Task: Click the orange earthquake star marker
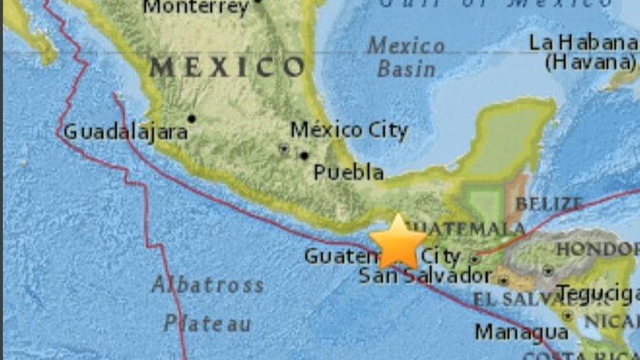pos(398,243)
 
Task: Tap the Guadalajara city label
pos(126,132)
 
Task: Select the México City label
pos(349,130)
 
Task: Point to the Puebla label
pos(348,172)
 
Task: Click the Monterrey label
pos(196,8)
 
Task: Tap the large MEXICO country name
pos(228,68)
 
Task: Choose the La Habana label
pos(582,42)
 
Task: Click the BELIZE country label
pos(549,204)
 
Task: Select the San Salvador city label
pos(424,275)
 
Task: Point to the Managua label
pos(521,332)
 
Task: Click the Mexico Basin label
pos(406,58)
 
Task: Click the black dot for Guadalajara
pos(191,118)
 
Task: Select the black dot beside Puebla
pos(304,155)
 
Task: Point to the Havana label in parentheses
pos(590,62)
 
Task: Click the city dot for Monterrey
pos(257,1)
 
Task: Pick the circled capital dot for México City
pos(284,149)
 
